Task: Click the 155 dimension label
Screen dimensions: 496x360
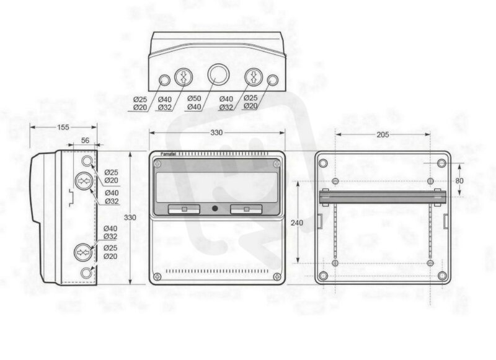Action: click(63, 127)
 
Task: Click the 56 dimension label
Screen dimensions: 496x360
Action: click(85, 140)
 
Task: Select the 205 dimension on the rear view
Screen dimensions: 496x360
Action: click(383, 134)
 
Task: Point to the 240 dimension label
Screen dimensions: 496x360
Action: click(297, 223)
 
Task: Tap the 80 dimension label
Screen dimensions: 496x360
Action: click(459, 181)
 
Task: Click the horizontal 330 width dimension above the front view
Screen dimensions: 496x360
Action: click(216, 133)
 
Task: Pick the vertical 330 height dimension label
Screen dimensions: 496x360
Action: click(130, 217)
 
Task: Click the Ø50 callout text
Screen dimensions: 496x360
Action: click(194, 99)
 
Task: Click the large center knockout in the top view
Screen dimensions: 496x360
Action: click(217, 74)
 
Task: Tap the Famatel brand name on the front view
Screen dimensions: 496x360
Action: click(168, 154)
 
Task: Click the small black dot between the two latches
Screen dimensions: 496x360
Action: click(215, 209)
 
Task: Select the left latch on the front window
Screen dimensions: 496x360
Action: click(184, 209)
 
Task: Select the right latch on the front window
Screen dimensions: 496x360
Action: click(246, 209)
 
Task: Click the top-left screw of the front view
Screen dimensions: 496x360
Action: click(157, 164)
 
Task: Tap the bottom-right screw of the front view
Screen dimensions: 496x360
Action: click(277, 277)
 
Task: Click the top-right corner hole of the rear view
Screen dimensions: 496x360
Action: click(441, 164)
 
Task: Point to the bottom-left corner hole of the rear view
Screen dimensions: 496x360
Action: click(323, 276)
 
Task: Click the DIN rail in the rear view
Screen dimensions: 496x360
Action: click(383, 197)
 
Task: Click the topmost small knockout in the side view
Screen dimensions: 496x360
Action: click(87, 161)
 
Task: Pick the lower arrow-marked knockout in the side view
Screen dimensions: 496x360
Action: click(83, 252)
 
